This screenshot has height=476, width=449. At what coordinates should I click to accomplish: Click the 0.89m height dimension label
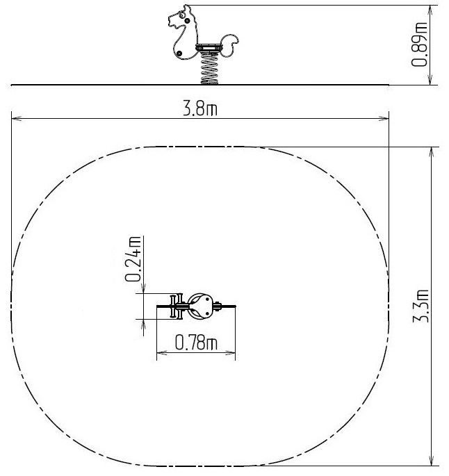[x=420, y=44]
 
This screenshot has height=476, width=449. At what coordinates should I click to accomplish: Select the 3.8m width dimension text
[x=200, y=108]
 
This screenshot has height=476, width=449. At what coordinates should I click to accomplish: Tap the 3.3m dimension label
[x=421, y=306]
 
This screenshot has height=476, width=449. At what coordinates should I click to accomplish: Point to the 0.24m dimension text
[x=133, y=259]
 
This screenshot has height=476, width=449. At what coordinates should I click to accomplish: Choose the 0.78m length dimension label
[x=196, y=343]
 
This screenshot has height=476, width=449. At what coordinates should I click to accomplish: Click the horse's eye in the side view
[x=181, y=15]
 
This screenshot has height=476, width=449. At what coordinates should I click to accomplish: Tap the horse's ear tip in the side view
[x=186, y=6]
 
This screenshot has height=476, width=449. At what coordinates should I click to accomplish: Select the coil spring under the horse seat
[x=209, y=68]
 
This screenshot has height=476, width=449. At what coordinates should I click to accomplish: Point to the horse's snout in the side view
[x=172, y=22]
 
